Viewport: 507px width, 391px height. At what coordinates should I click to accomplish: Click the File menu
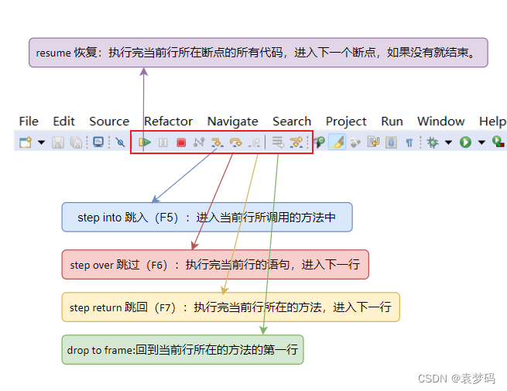(x=29, y=122)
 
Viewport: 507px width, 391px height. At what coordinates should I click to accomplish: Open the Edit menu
(x=63, y=122)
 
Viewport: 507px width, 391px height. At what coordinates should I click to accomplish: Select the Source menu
(x=109, y=122)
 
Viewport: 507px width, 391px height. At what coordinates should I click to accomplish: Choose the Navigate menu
(x=232, y=122)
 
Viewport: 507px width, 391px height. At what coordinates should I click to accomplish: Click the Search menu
(x=292, y=122)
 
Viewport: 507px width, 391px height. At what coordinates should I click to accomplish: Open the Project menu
(x=346, y=122)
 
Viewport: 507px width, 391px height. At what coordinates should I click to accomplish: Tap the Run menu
(x=392, y=122)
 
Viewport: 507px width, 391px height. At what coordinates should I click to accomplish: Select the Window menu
(x=440, y=122)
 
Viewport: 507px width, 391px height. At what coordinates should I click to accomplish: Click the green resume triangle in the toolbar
(x=145, y=142)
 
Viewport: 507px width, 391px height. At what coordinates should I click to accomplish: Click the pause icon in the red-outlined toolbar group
(x=163, y=142)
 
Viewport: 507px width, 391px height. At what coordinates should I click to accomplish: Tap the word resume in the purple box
(x=53, y=53)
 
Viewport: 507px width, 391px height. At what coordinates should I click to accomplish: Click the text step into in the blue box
(x=100, y=218)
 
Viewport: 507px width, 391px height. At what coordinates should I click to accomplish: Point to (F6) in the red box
(x=159, y=265)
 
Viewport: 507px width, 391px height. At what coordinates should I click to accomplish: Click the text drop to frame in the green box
(x=100, y=350)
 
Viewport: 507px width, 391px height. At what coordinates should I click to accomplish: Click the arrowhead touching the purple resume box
(x=144, y=71)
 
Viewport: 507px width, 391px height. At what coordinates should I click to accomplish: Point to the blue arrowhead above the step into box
(x=156, y=199)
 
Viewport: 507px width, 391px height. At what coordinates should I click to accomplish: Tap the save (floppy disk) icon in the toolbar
(x=58, y=142)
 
